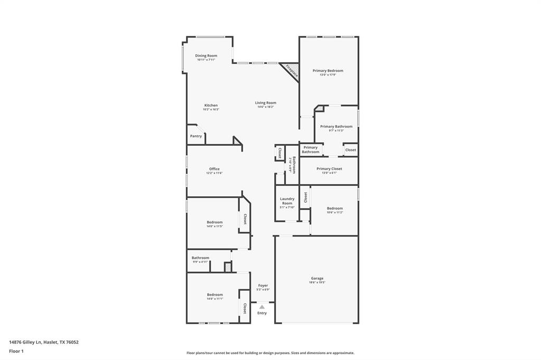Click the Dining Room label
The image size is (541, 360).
pyautogui.click(x=206, y=55)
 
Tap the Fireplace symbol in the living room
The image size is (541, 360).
pyautogui.click(x=291, y=71)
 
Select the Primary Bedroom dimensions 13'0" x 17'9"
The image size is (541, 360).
pyautogui.click(x=328, y=75)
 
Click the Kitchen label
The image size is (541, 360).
pyautogui.click(x=211, y=105)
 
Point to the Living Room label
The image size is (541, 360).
pyautogui.click(x=266, y=103)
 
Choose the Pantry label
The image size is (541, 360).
pyautogui.click(x=196, y=136)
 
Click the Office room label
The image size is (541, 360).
pyautogui.click(x=214, y=169)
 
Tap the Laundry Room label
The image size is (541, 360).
pyautogui.click(x=287, y=201)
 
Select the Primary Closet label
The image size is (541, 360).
pyautogui.click(x=329, y=169)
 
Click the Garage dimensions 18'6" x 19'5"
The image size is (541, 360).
pyautogui.click(x=317, y=282)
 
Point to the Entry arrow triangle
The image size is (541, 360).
pyautogui.click(x=262, y=307)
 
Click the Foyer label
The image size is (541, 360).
pyautogui.click(x=263, y=286)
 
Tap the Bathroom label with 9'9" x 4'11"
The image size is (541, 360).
pyautogui.click(x=200, y=258)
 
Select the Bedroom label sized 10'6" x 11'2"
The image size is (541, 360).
pyautogui.click(x=334, y=208)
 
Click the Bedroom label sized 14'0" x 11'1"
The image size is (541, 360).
pyautogui.click(x=214, y=295)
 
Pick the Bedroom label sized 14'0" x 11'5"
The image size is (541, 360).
pyautogui.click(x=214, y=222)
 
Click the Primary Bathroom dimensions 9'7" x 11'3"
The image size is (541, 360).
pyautogui.click(x=336, y=130)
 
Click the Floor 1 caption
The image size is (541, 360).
pyautogui.click(x=16, y=351)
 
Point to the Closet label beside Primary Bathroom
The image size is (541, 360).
pyautogui.click(x=351, y=150)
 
